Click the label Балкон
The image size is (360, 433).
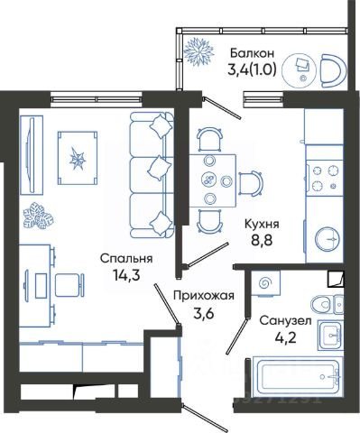click(x=252, y=53)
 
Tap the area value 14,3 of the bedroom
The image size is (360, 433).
click(x=126, y=274)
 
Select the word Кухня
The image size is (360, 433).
click(x=262, y=224)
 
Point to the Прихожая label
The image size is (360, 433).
click(x=204, y=296)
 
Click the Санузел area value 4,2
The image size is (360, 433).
click(x=285, y=337)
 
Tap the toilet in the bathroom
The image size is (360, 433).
click(x=328, y=305)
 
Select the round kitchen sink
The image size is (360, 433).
click(x=328, y=239)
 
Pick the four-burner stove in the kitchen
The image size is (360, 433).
click(x=325, y=179)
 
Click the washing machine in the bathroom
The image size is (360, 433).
click(x=265, y=282)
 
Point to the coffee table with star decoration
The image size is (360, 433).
click(x=78, y=158)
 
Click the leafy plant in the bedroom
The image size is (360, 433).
click(x=39, y=216)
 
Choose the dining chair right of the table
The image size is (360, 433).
click(x=251, y=183)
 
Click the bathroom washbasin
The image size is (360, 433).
click(x=331, y=336)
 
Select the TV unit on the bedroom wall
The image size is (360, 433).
click(x=32, y=155)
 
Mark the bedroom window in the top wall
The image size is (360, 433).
click(x=97, y=99)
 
